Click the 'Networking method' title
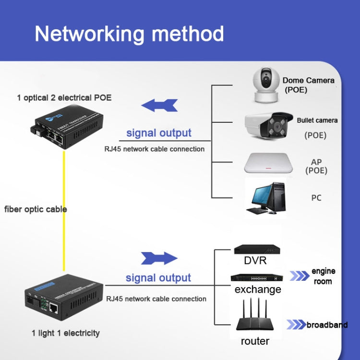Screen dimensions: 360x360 pyautogui.click(x=129, y=34)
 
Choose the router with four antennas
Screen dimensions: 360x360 pyautogui.click(x=255, y=317)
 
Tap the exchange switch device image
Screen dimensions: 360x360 pyautogui.click(x=257, y=278)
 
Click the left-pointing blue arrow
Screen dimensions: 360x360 pyautogui.click(x=159, y=105)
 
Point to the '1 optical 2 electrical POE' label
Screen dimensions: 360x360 pyautogui.click(x=64, y=97)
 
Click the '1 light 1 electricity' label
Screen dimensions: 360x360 pyautogui.click(x=66, y=333)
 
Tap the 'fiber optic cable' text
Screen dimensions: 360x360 pyautogui.click(x=36, y=209)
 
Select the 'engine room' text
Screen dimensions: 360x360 pyautogui.click(x=323, y=276)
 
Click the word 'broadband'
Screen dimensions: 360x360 pyautogui.click(x=327, y=325)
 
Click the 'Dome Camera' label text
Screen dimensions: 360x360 pyautogui.click(x=308, y=80)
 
